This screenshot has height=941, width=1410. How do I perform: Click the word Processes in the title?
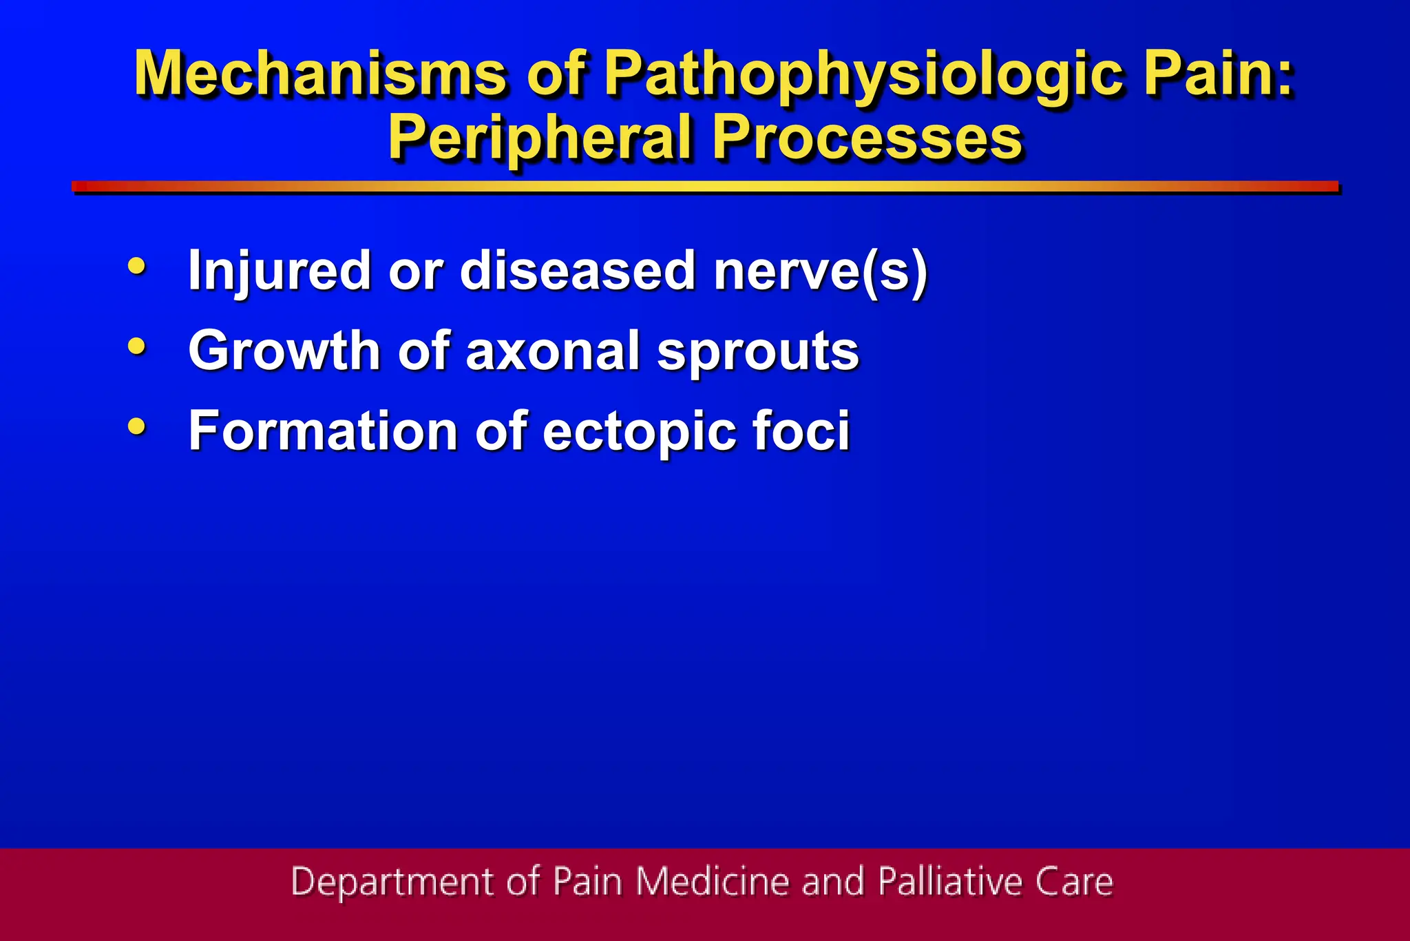867,138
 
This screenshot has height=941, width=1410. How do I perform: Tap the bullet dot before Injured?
137,266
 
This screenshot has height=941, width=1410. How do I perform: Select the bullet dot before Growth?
137,346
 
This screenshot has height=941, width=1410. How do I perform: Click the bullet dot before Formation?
137,426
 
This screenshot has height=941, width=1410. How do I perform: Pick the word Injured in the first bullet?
279,271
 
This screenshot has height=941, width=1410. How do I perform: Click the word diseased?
577,271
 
